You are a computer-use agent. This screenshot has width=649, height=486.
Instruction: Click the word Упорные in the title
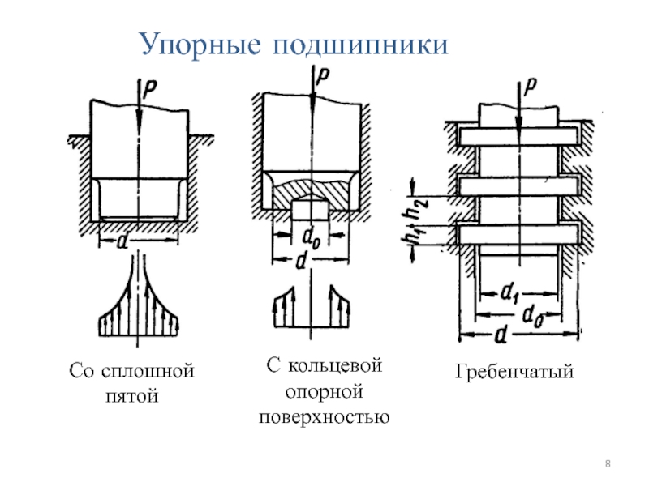point(201,45)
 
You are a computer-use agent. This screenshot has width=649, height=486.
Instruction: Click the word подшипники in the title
point(360,45)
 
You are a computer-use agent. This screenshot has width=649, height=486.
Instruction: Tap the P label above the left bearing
point(150,90)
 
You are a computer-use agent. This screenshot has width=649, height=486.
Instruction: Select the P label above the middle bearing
point(322,75)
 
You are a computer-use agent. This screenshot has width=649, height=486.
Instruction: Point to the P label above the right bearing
point(531,87)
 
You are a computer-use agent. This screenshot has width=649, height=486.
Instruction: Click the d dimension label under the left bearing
point(122,241)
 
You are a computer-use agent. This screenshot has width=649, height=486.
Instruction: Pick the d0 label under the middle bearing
point(312,238)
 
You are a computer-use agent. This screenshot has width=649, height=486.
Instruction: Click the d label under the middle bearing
point(302,261)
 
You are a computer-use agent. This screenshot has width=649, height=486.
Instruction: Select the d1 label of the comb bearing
point(509,294)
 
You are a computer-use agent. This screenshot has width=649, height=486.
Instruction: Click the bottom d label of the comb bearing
point(501,335)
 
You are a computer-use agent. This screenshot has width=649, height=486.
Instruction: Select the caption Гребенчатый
point(514,372)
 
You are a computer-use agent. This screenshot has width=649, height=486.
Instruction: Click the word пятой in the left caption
point(132,396)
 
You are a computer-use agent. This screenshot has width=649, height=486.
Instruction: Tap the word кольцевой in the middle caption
point(335,366)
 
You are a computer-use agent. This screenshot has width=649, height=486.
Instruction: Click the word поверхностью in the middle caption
point(324,417)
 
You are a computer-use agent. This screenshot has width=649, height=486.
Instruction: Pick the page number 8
point(608,463)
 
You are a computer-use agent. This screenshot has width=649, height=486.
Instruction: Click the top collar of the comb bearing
point(518,136)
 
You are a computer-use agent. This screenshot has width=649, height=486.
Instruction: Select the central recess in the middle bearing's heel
point(310,210)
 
